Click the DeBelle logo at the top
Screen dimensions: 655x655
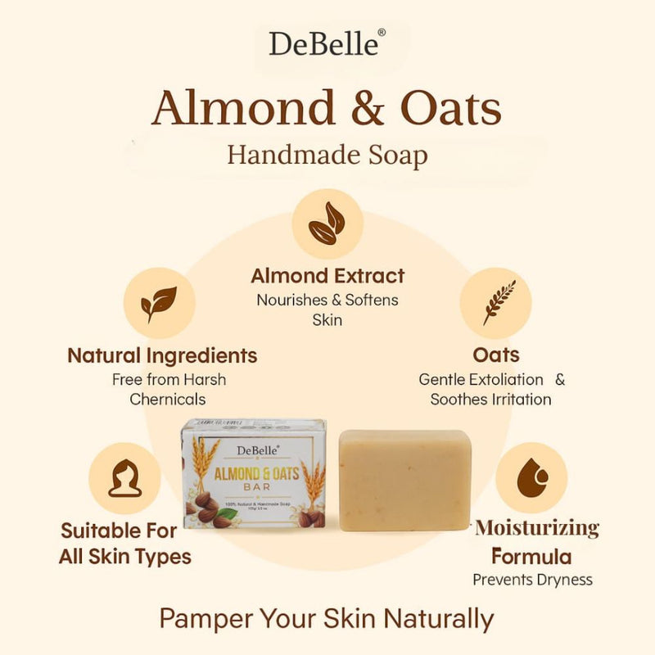point(325,43)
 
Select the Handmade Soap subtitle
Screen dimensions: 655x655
point(327,154)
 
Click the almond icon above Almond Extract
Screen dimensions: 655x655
point(327,224)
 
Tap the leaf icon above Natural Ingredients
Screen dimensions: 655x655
point(159,304)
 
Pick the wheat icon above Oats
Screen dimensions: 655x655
point(495,303)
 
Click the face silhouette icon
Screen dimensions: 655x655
point(124,479)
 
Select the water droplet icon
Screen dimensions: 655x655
point(531,478)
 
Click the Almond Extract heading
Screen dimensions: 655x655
point(327,276)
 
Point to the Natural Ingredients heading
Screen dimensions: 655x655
point(162,356)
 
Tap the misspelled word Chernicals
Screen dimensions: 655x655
point(168,399)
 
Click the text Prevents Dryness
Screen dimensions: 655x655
point(532,580)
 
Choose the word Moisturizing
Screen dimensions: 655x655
point(537,528)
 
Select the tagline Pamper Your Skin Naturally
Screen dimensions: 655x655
point(327,618)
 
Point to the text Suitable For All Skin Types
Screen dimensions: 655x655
point(124,544)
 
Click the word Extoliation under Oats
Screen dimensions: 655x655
point(504,380)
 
